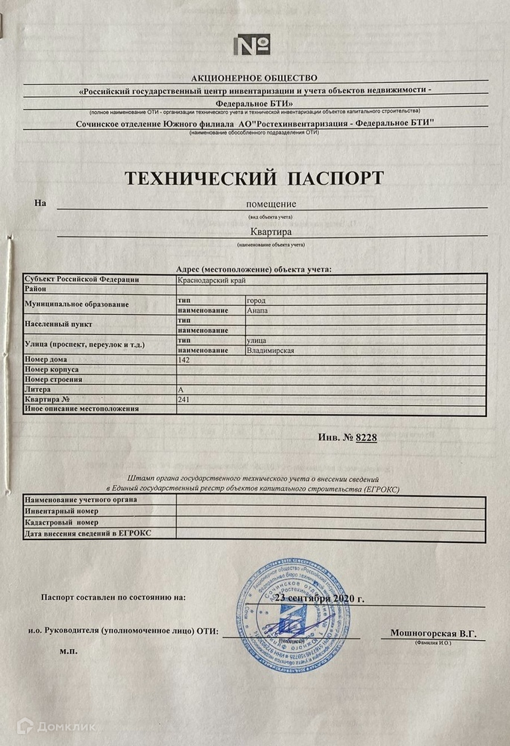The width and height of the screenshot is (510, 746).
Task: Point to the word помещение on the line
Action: [x=271, y=204]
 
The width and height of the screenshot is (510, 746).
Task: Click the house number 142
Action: [x=185, y=360]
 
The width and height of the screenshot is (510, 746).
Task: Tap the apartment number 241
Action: [x=184, y=399]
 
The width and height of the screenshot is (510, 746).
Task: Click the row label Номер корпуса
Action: [x=52, y=369]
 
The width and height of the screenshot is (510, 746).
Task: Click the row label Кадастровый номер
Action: [x=63, y=523]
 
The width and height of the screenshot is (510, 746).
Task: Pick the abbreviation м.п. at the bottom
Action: [x=69, y=651]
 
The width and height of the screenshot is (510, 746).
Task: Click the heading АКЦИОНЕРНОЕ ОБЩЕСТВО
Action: [x=254, y=78]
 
